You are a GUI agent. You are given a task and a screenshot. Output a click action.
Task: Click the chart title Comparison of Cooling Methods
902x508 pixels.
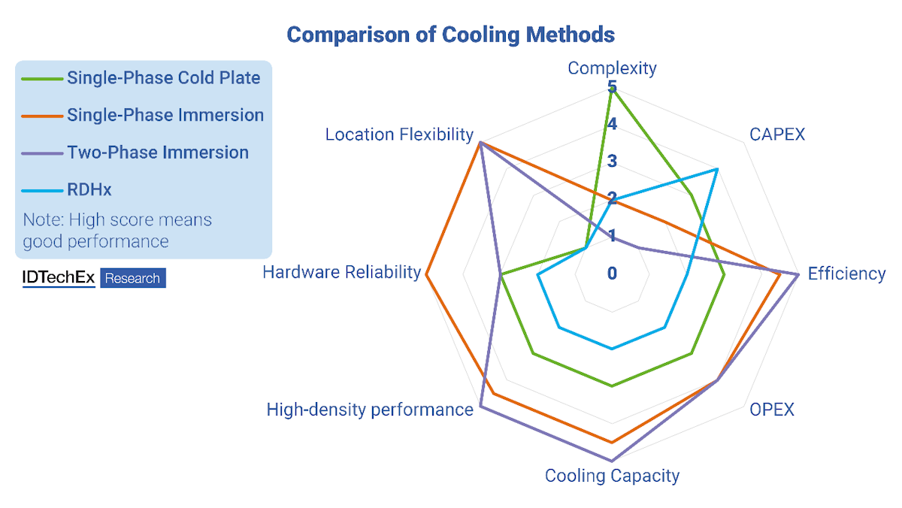(x=451, y=35)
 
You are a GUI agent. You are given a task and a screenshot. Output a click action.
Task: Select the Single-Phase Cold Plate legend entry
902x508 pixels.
(x=163, y=77)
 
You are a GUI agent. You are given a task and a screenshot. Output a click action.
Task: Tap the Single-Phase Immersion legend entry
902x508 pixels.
(x=165, y=115)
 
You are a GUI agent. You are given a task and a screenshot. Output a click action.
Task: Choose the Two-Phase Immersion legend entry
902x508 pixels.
(x=157, y=152)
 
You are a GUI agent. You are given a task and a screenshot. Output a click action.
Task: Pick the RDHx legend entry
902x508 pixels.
(x=89, y=189)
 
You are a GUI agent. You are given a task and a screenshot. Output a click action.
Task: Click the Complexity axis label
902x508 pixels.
(x=612, y=68)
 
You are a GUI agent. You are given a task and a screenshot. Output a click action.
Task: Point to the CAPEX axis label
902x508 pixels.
(x=777, y=135)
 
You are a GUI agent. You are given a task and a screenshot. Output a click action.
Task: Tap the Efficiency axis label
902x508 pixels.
(x=846, y=274)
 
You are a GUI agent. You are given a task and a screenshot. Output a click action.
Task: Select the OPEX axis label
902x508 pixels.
(x=772, y=410)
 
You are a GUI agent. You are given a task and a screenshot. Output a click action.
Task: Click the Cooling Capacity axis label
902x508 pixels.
(x=612, y=476)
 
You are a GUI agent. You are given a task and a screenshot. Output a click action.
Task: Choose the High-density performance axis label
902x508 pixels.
(x=370, y=410)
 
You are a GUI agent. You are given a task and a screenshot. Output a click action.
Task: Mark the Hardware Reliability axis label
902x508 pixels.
(x=341, y=272)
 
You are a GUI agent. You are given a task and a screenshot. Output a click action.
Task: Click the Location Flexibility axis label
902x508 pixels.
(x=399, y=135)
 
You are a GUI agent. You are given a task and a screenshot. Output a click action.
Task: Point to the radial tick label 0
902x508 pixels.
(x=612, y=274)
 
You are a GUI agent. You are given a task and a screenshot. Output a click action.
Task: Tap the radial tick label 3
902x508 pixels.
(x=612, y=161)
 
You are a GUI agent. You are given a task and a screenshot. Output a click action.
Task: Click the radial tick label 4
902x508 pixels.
(x=612, y=124)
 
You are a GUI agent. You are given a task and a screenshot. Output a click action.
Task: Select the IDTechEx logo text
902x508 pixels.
(x=59, y=278)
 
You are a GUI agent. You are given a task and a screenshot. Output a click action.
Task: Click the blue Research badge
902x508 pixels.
(x=132, y=278)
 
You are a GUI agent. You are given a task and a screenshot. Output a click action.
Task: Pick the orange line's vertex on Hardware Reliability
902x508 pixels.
(x=426, y=274)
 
